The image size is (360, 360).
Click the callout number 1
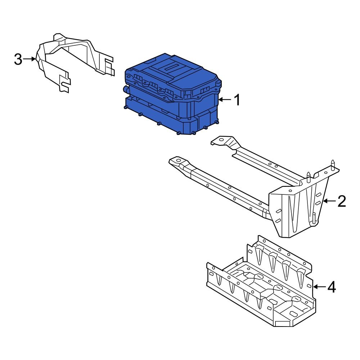237,100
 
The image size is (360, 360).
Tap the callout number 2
341,201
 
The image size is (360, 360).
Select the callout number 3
18,59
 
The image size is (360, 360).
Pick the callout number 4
331,287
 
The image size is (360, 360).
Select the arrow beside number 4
319,287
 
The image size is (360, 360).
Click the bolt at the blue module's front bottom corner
179,134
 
